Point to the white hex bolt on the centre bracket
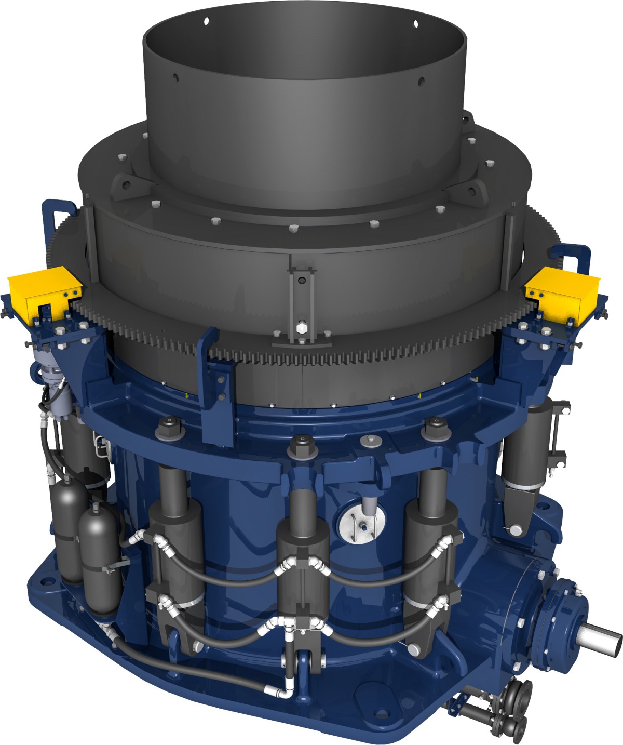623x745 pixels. point(301,328)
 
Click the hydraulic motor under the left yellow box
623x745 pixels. point(52,374)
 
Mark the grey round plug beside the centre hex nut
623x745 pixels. point(369,441)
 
